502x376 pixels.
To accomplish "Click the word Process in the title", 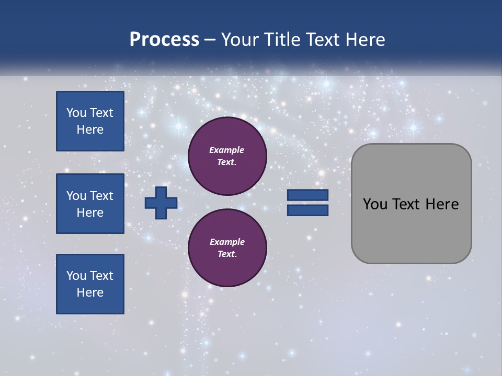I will click(x=164, y=40).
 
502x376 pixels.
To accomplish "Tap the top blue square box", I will click(x=90, y=121).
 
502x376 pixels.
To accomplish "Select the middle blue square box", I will click(x=90, y=204).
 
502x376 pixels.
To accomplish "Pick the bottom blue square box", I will click(x=90, y=284).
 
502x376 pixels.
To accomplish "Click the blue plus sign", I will click(x=161, y=203).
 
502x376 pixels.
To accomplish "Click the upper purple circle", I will click(x=227, y=156).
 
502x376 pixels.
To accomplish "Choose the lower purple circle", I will click(x=227, y=248).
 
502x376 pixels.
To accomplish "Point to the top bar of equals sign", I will click(x=307, y=195).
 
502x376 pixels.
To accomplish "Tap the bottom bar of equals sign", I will click(x=307, y=210).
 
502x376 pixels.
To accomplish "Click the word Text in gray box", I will click(x=407, y=204).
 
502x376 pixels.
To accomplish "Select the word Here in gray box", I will click(x=442, y=204).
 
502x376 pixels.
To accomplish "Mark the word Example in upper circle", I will click(x=227, y=150).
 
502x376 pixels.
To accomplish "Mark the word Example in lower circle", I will click(x=227, y=242).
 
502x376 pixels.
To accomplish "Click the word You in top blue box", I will click(x=76, y=113).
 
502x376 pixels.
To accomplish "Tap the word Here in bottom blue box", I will click(x=90, y=292).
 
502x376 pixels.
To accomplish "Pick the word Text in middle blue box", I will click(x=101, y=196).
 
